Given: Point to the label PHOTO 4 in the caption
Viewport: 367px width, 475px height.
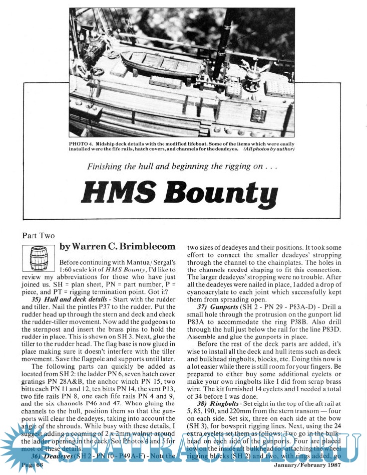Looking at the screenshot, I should (x=82, y=144).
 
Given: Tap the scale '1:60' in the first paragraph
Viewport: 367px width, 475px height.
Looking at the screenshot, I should (x=67, y=271).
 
